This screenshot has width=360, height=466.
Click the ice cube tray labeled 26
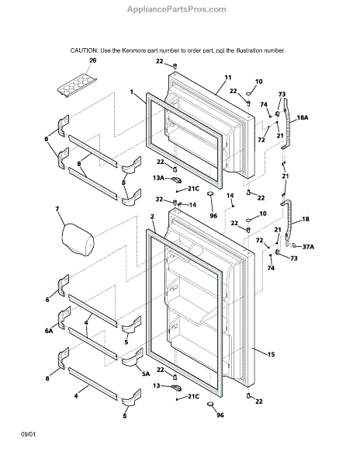(x=77, y=85)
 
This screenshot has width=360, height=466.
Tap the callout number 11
(x=227, y=78)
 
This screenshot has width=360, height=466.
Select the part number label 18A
(x=302, y=118)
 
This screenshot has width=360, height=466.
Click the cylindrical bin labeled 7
(x=78, y=239)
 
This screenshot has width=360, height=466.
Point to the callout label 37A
(x=308, y=246)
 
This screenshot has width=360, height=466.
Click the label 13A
(x=158, y=178)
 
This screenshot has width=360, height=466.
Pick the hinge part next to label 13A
(x=176, y=180)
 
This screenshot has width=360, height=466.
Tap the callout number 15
(x=271, y=354)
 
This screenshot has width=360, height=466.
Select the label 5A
(x=146, y=374)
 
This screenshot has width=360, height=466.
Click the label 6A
(x=49, y=331)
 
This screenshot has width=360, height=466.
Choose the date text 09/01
(x=28, y=434)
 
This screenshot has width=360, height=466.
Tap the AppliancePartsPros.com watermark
(x=177, y=9)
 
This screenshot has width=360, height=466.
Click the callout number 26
(x=93, y=61)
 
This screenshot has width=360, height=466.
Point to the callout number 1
(x=132, y=92)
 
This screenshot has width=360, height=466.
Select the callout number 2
(x=152, y=217)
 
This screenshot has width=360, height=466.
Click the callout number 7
(x=57, y=209)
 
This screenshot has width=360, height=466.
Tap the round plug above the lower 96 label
(x=210, y=404)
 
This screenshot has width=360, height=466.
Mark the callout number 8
(x=79, y=163)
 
